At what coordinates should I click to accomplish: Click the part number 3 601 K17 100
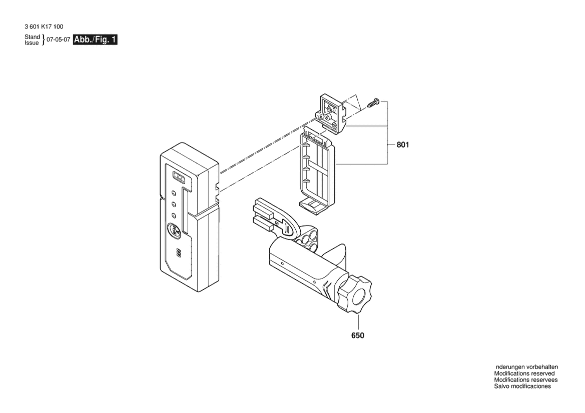tap(44, 26)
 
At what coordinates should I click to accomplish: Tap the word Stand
tap(33, 37)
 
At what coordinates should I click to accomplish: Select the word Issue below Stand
tap(32, 43)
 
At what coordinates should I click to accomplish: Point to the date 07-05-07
tap(58, 39)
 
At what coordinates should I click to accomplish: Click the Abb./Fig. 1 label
tap(95, 39)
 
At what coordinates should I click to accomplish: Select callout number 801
tap(403, 144)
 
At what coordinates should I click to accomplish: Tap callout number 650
tap(358, 335)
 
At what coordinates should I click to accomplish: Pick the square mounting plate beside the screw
tap(332, 113)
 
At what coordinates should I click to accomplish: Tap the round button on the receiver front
tap(175, 230)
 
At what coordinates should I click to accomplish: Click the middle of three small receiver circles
tap(174, 204)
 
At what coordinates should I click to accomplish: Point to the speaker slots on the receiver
tap(178, 253)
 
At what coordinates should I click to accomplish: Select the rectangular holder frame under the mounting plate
tap(317, 169)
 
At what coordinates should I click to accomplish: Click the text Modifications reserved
tap(524, 373)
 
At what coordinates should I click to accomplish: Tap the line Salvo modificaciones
tap(522, 386)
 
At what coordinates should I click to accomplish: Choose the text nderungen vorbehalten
tap(527, 367)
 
